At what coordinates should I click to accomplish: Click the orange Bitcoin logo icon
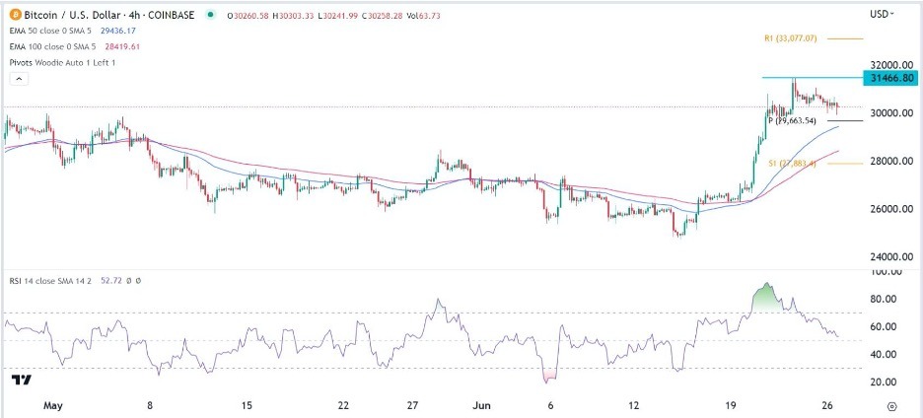[13, 14]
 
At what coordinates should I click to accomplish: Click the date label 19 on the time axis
[731, 405]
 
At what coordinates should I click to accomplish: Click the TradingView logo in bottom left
[22, 380]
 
